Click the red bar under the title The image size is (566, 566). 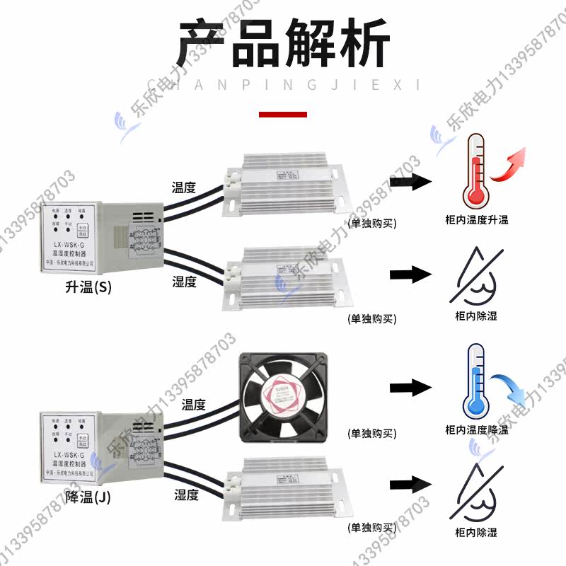pos(283,114)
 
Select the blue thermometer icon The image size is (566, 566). pos(475,383)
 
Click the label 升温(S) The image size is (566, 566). pos(88,288)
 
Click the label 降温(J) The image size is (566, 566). pos(88,497)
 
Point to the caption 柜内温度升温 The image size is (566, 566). pos(476,220)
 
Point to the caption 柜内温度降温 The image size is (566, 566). pos(476,429)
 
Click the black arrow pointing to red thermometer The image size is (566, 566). pos(410,182)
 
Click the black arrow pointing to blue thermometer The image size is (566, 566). pos(410,386)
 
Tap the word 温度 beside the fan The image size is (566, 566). pos(193,405)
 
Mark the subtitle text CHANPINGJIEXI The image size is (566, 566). pos(283,85)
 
